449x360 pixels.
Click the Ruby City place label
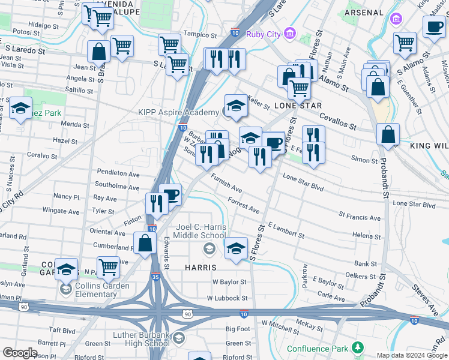pyautogui.click(x=264, y=34)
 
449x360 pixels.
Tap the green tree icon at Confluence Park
pyautogui.click(x=358, y=348)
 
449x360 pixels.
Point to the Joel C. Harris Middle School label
pyautogui.click(x=200, y=232)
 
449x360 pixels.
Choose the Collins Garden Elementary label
pyautogui.click(x=101, y=290)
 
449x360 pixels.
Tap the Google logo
pyautogui.click(x=20, y=353)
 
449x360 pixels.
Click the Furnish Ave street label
pyautogui.click(x=226, y=181)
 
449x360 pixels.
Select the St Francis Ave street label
pyautogui.click(x=360, y=216)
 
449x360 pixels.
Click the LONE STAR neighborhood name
pyautogui.click(x=294, y=105)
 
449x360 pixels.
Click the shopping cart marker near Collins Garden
pyautogui.click(x=108, y=267)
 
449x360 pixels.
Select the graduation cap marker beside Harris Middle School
pyautogui.click(x=236, y=247)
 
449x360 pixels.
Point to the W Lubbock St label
pyautogui.click(x=227, y=298)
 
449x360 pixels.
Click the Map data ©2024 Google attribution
pyautogui.click(x=412, y=355)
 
